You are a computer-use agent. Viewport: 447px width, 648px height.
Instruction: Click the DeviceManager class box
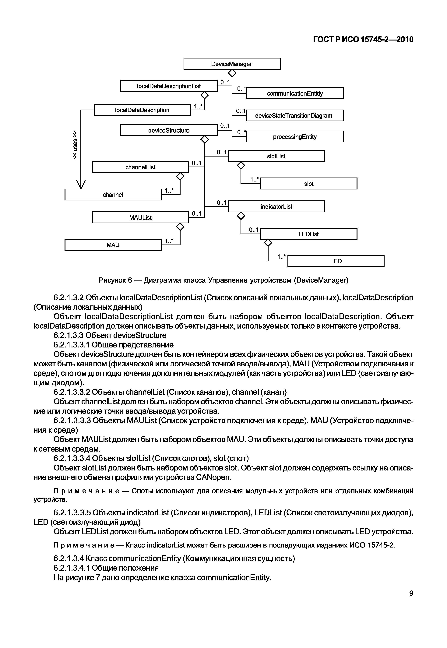232,64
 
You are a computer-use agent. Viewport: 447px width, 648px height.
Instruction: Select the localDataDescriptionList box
169,86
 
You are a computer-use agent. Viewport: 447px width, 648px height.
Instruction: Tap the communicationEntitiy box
295,93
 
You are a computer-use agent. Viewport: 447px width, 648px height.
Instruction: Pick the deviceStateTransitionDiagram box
295,115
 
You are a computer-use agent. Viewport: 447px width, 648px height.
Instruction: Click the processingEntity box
295,137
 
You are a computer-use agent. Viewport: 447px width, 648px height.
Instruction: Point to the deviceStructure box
169,130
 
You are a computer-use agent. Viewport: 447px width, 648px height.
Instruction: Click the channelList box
140,167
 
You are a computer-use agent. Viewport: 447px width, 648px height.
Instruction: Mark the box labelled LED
336,261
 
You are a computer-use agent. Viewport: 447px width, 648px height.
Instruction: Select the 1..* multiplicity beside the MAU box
169,241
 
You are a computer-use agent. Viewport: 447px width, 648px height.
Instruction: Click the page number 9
411,593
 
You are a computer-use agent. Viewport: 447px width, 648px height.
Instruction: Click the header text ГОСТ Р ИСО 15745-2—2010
363,40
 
